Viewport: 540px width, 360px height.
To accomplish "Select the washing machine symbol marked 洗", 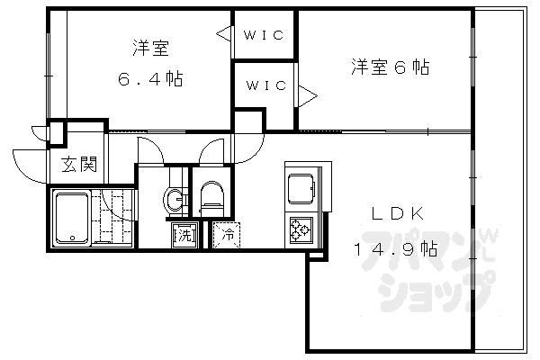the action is click(x=183, y=237).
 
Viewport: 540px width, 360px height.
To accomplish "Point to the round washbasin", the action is click(x=175, y=200).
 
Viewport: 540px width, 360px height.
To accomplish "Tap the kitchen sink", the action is click(x=300, y=190).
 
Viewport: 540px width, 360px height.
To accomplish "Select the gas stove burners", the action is click(x=300, y=231).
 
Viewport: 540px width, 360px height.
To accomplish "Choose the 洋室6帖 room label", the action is click(x=390, y=67).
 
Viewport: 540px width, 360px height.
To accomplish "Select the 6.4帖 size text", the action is click(x=150, y=78).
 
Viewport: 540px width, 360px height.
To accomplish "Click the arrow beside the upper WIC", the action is click(x=221, y=36).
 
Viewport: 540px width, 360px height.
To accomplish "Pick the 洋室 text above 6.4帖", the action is click(x=150, y=48).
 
